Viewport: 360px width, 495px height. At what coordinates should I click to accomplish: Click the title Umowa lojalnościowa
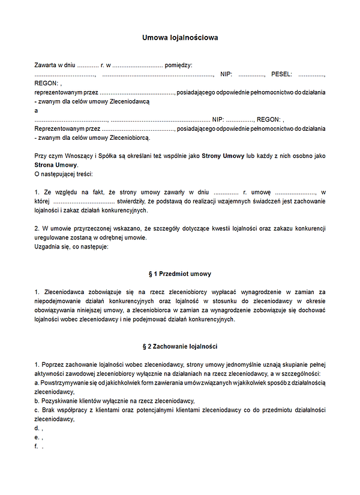[180, 37]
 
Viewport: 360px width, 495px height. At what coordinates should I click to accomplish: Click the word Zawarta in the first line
[46, 65]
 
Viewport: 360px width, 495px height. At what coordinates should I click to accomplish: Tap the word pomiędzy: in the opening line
[178, 65]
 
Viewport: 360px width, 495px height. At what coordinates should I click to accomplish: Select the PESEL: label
[282, 74]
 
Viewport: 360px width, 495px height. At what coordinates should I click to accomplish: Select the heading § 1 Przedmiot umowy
[180, 274]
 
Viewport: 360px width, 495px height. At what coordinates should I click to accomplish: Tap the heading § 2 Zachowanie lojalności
[180, 347]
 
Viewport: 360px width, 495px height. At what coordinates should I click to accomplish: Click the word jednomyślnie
[218, 365]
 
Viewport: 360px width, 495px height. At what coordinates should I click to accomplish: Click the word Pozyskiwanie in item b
[61, 401]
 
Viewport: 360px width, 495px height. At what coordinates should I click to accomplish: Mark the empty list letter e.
[37, 437]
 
